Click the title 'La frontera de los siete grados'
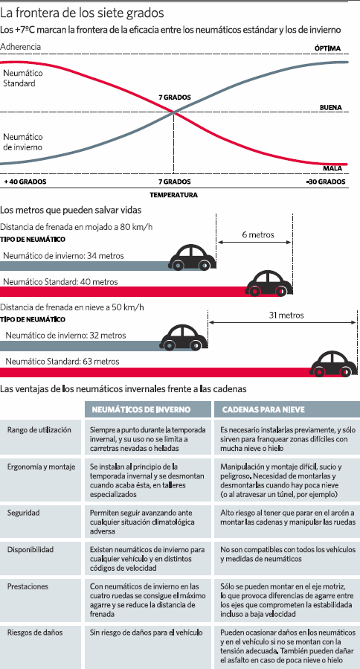click(x=83, y=13)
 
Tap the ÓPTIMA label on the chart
click(x=327, y=48)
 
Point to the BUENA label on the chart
click(x=330, y=107)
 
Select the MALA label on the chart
click(x=332, y=168)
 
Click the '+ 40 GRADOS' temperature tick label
click(x=25, y=182)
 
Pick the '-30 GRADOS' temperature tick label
click(x=326, y=182)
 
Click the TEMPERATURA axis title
click(x=173, y=195)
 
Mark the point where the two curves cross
click(x=173, y=112)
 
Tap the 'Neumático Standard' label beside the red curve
click(x=23, y=78)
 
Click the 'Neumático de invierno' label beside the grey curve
click(x=23, y=142)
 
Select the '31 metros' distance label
click(x=286, y=316)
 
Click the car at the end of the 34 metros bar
click(x=193, y=257)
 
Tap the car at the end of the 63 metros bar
click(x=333, y=364)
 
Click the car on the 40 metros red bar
click(x=269, y=284)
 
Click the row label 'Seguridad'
click(x=24, y=513)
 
